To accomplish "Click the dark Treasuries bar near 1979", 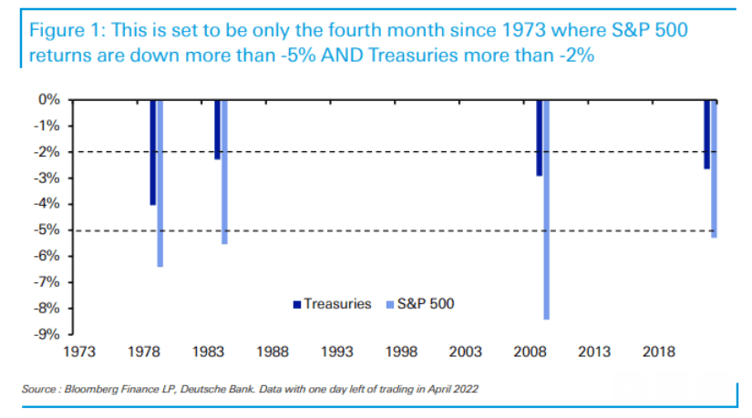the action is click(x=152, y=152).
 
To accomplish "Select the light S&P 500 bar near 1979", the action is click(x=160, y=184).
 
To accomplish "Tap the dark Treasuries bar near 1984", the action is click(x=217, y=129).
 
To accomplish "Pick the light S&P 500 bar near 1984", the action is click(x=224, y=172).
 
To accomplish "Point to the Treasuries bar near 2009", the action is click(x=539, y=138).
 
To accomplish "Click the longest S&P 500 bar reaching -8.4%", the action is click(x=547, y=210).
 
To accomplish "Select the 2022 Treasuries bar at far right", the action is click(x=707, y=135).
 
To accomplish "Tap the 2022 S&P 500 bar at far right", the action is click(x=714, y=169).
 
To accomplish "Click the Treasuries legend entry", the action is click(x=332, y=304).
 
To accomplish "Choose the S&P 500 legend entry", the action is click(x=420, y=304).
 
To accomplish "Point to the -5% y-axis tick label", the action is click(x=47, y=230).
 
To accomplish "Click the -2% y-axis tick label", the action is click(x=47, y=152).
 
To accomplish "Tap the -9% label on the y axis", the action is click(x=47, y=334).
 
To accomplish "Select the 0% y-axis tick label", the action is click(x=49, y=99).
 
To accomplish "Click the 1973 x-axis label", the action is click(x=79, y=352).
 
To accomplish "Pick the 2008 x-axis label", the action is click(x=530, y=352).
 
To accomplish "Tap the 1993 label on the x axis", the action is click(x=337, y=352).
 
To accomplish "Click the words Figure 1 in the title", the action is click(x=67, y=31).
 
